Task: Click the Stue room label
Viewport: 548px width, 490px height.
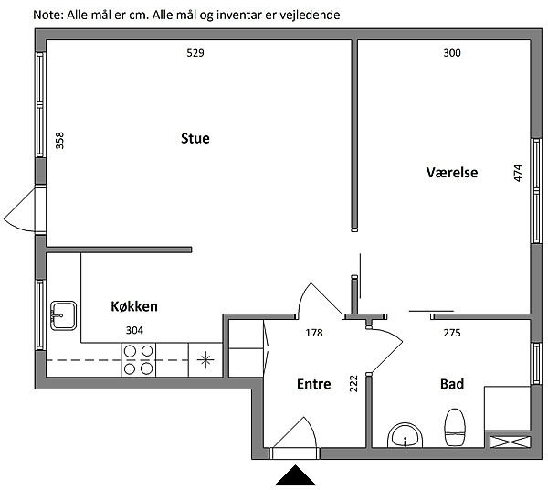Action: click(x=195, y=139)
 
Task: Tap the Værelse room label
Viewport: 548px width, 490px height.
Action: click(x=452, y=173)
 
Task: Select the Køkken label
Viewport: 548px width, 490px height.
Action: click(x=134, y=306)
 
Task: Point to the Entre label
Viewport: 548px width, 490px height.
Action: click(x=314, y=384)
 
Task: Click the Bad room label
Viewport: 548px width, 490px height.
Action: click(x=452, y=384)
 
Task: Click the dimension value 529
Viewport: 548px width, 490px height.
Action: click(x=195, y=53)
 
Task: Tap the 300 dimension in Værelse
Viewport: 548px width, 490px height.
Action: click(x=452, y=53)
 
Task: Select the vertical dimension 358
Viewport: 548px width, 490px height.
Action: click(x=59, y=140)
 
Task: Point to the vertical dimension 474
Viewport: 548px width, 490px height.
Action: click(x=518, y=173)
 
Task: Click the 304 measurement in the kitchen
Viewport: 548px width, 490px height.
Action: click(x=134, y=330)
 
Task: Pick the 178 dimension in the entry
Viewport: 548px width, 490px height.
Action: click(x=314, y=333)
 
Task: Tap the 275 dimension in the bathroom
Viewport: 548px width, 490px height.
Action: click(x=452, y=333)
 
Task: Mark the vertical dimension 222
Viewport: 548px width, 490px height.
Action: click(x=353, y=383)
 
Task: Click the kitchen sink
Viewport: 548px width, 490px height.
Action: click(x=63, y=315)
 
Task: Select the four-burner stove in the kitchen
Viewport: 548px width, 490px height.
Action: click(x=139, y=360)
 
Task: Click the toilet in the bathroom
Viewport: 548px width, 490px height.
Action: click(x=455, y=427)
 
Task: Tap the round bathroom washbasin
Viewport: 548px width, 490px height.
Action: click(x=405, y=435)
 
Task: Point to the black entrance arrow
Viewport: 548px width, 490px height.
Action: click(x=296, y=475)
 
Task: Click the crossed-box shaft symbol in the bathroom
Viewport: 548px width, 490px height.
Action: click(x=510, y=442)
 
